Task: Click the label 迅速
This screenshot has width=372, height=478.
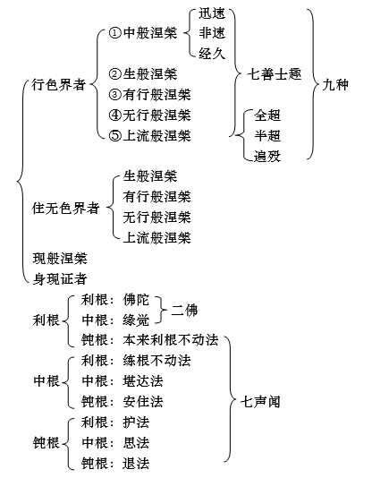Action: pyautogui.click(x=212, y=13)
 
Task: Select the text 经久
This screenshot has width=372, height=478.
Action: pyautogui.click(x=212, y=54)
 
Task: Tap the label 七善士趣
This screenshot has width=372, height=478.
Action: pyautogui.click(x=275, y=74)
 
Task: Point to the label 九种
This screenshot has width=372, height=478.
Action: pyautogui.click(x=335, y=84)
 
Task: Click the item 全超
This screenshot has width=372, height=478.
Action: pyautogui.click(x=267, y=115)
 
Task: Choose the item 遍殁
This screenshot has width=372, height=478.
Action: pyautogui.click(x=267, y=156)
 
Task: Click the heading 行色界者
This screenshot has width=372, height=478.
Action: pyautogui.click(x=59, y=84)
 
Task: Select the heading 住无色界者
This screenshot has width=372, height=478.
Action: pyautogui.click(x=66, y=209)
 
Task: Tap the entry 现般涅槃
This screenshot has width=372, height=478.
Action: pyautogui.click(x=60, y=259)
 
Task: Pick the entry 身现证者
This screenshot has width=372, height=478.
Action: pyautogui.click(x=60, y=279)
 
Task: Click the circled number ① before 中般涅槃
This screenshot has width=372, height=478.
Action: pyautogui.click(x=115, y=33)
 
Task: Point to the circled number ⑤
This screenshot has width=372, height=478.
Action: pyautogui.click(x=115, y=136)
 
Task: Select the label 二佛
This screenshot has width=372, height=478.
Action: pyautogui.click(x=184, y=311)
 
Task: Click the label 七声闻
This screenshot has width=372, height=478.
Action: pyautogui.click(x=260, y=402)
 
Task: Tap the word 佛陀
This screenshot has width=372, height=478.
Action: pyautogui.click(x=136, y=300)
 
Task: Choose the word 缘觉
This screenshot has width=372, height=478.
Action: pyautogui.click(x=136, y=320)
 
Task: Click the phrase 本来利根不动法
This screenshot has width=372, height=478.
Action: pyautogui.click(x=171, y=340)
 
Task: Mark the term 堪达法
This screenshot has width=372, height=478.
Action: pyautogui.click(x=143, y=381)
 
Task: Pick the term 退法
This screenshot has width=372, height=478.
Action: pyautogui.click(x=136, y=464)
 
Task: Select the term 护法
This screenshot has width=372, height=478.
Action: pyautogui.click(x=136, y=423)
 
